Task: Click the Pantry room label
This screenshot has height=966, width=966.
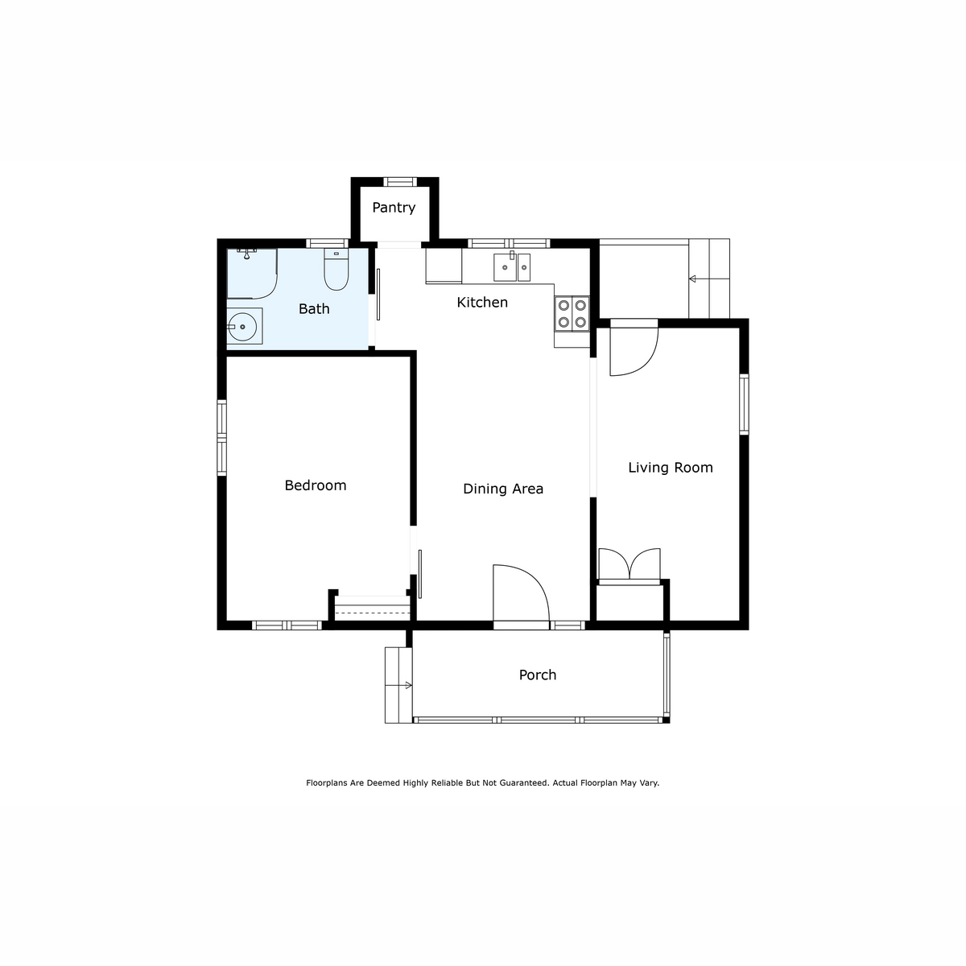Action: point(394,208)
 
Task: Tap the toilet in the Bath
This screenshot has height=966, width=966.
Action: point(336,270)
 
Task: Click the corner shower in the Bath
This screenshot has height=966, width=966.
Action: point(250,273)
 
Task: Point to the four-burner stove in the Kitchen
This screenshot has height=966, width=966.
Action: point(572,314)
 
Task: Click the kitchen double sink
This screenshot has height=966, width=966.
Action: point(512,266)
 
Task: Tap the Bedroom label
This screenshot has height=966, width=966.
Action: point(316,485)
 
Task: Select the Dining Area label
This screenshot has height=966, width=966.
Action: point(503,489)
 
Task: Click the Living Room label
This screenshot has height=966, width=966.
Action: point(671,468)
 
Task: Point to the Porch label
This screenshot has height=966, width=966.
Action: point(538,675)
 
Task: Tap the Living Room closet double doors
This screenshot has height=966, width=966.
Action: point(630,565)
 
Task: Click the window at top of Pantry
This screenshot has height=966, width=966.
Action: point(398,182)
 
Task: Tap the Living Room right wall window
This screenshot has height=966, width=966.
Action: point(744,404)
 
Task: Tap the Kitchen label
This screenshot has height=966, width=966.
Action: point(482,303)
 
